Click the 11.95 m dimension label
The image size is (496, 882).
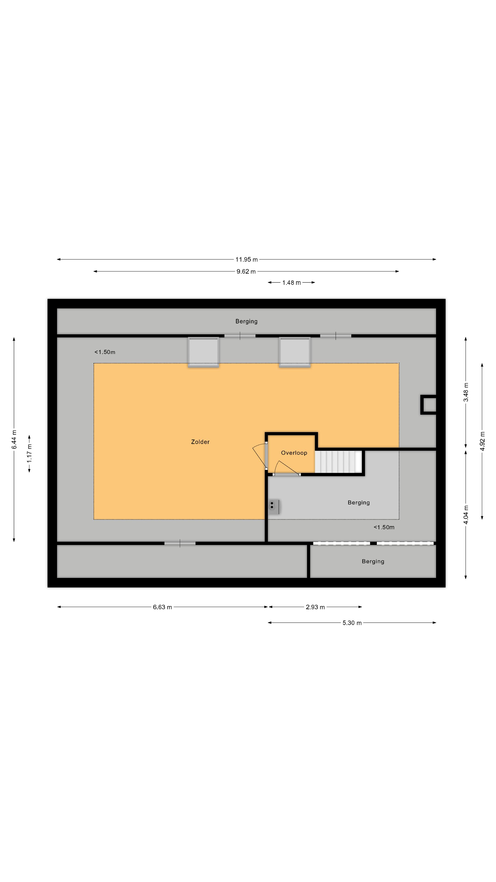click(x=246, y=260)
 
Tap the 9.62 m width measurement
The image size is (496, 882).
click(x=246, y=271)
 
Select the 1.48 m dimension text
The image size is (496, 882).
click(x=291, y=283)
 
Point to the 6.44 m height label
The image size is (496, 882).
click(x=14, y=440)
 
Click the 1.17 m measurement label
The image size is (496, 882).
click(x=29, y=453)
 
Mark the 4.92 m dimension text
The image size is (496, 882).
click(x=482, y=442)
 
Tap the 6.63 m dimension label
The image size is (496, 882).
click(x=162, y=607)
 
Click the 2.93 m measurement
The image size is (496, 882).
click(x=315, y=607)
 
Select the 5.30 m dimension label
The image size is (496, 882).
click(x=352, y=623)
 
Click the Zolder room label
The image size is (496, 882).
click(x=200, y=442)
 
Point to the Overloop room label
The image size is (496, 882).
click(x=294, y=453)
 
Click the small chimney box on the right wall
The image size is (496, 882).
click(x=428, y=405)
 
